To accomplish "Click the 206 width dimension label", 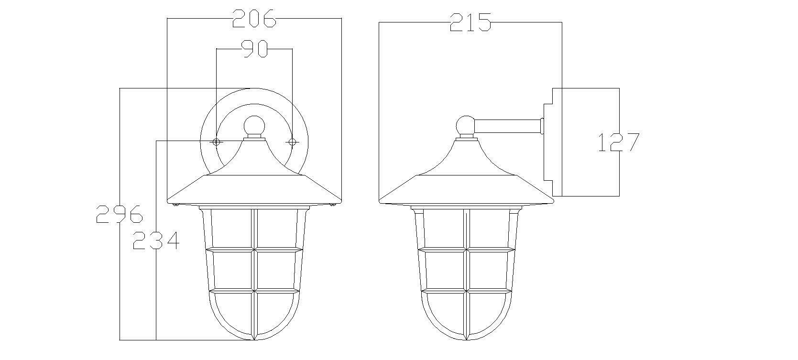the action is [254, 19].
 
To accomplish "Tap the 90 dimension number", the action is [254, 49].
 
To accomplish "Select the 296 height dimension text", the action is [120, 214].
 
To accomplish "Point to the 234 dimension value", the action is [156, 240].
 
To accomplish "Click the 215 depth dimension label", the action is [470, 22].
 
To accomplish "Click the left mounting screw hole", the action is [216, 142].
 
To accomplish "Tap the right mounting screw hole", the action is [292, 142].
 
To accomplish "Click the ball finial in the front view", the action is [254, 126].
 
